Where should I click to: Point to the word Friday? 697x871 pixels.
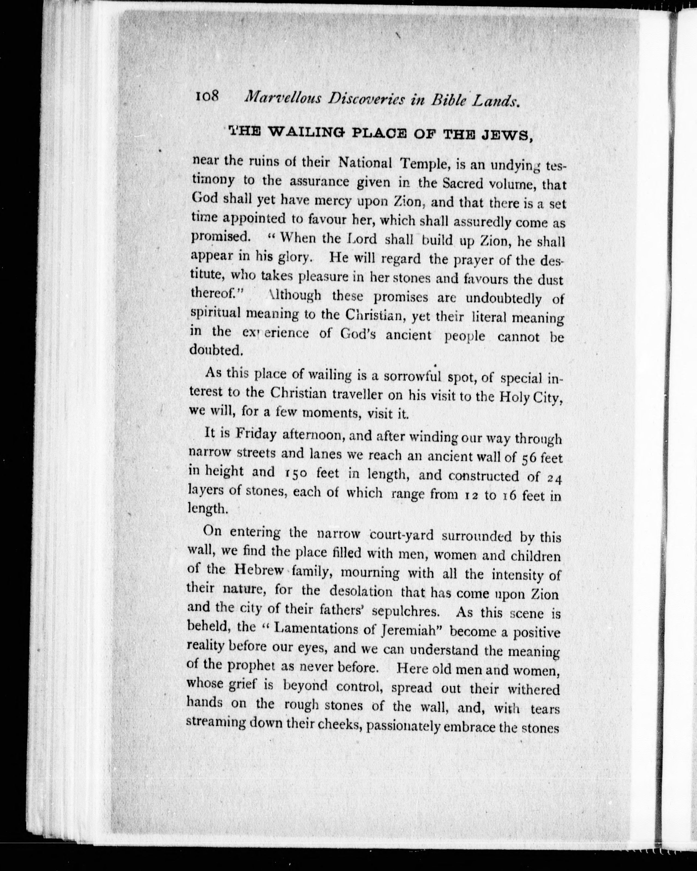point(256,434)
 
